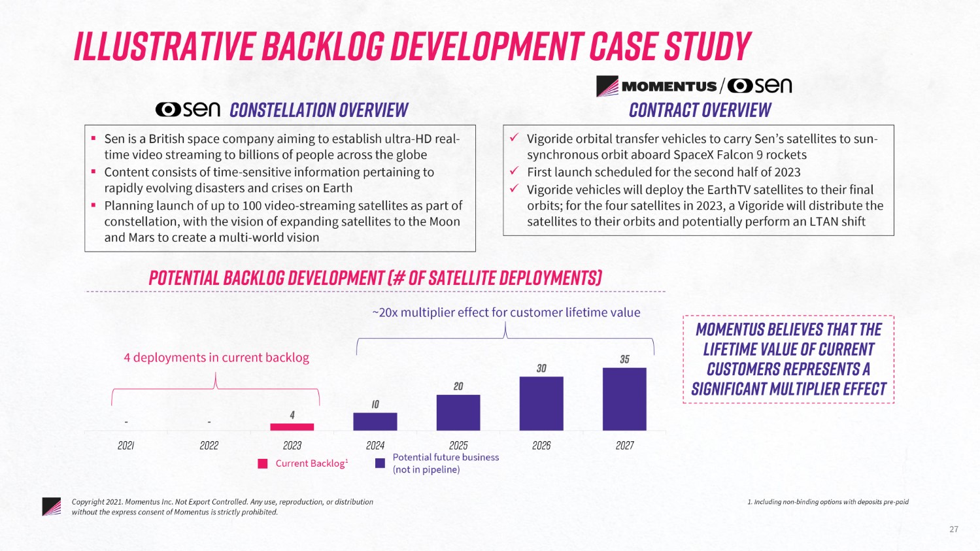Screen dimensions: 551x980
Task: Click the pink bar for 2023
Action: coord(292,427)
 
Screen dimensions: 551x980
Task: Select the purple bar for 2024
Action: coord(375,422)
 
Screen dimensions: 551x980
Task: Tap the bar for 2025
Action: coord(458,412)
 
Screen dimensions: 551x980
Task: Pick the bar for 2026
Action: coord(541,403)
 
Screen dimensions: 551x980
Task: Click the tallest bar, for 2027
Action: coord(624,399)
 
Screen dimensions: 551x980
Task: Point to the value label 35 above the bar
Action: coord(624,359)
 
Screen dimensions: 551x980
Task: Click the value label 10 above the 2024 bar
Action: coord(375,405)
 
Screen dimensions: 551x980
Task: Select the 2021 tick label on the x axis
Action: coord(126,446)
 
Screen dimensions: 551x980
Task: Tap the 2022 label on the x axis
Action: coord(209,446)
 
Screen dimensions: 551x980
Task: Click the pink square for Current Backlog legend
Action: coord(263,463)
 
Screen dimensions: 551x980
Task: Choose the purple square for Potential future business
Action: coord(380,463)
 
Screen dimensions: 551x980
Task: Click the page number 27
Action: coord(953,529)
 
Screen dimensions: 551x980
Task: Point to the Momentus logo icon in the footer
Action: coord(51,507)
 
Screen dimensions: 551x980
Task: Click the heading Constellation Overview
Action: coord(319,110)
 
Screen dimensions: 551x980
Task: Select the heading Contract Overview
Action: coord(700,110)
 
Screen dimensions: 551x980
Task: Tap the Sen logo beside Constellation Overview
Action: coord(188,109)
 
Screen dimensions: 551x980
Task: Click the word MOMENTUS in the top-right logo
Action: coord(668,86)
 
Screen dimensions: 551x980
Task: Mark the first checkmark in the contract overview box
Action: coord(515,138)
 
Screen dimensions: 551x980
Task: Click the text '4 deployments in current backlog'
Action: coord(216,358)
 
